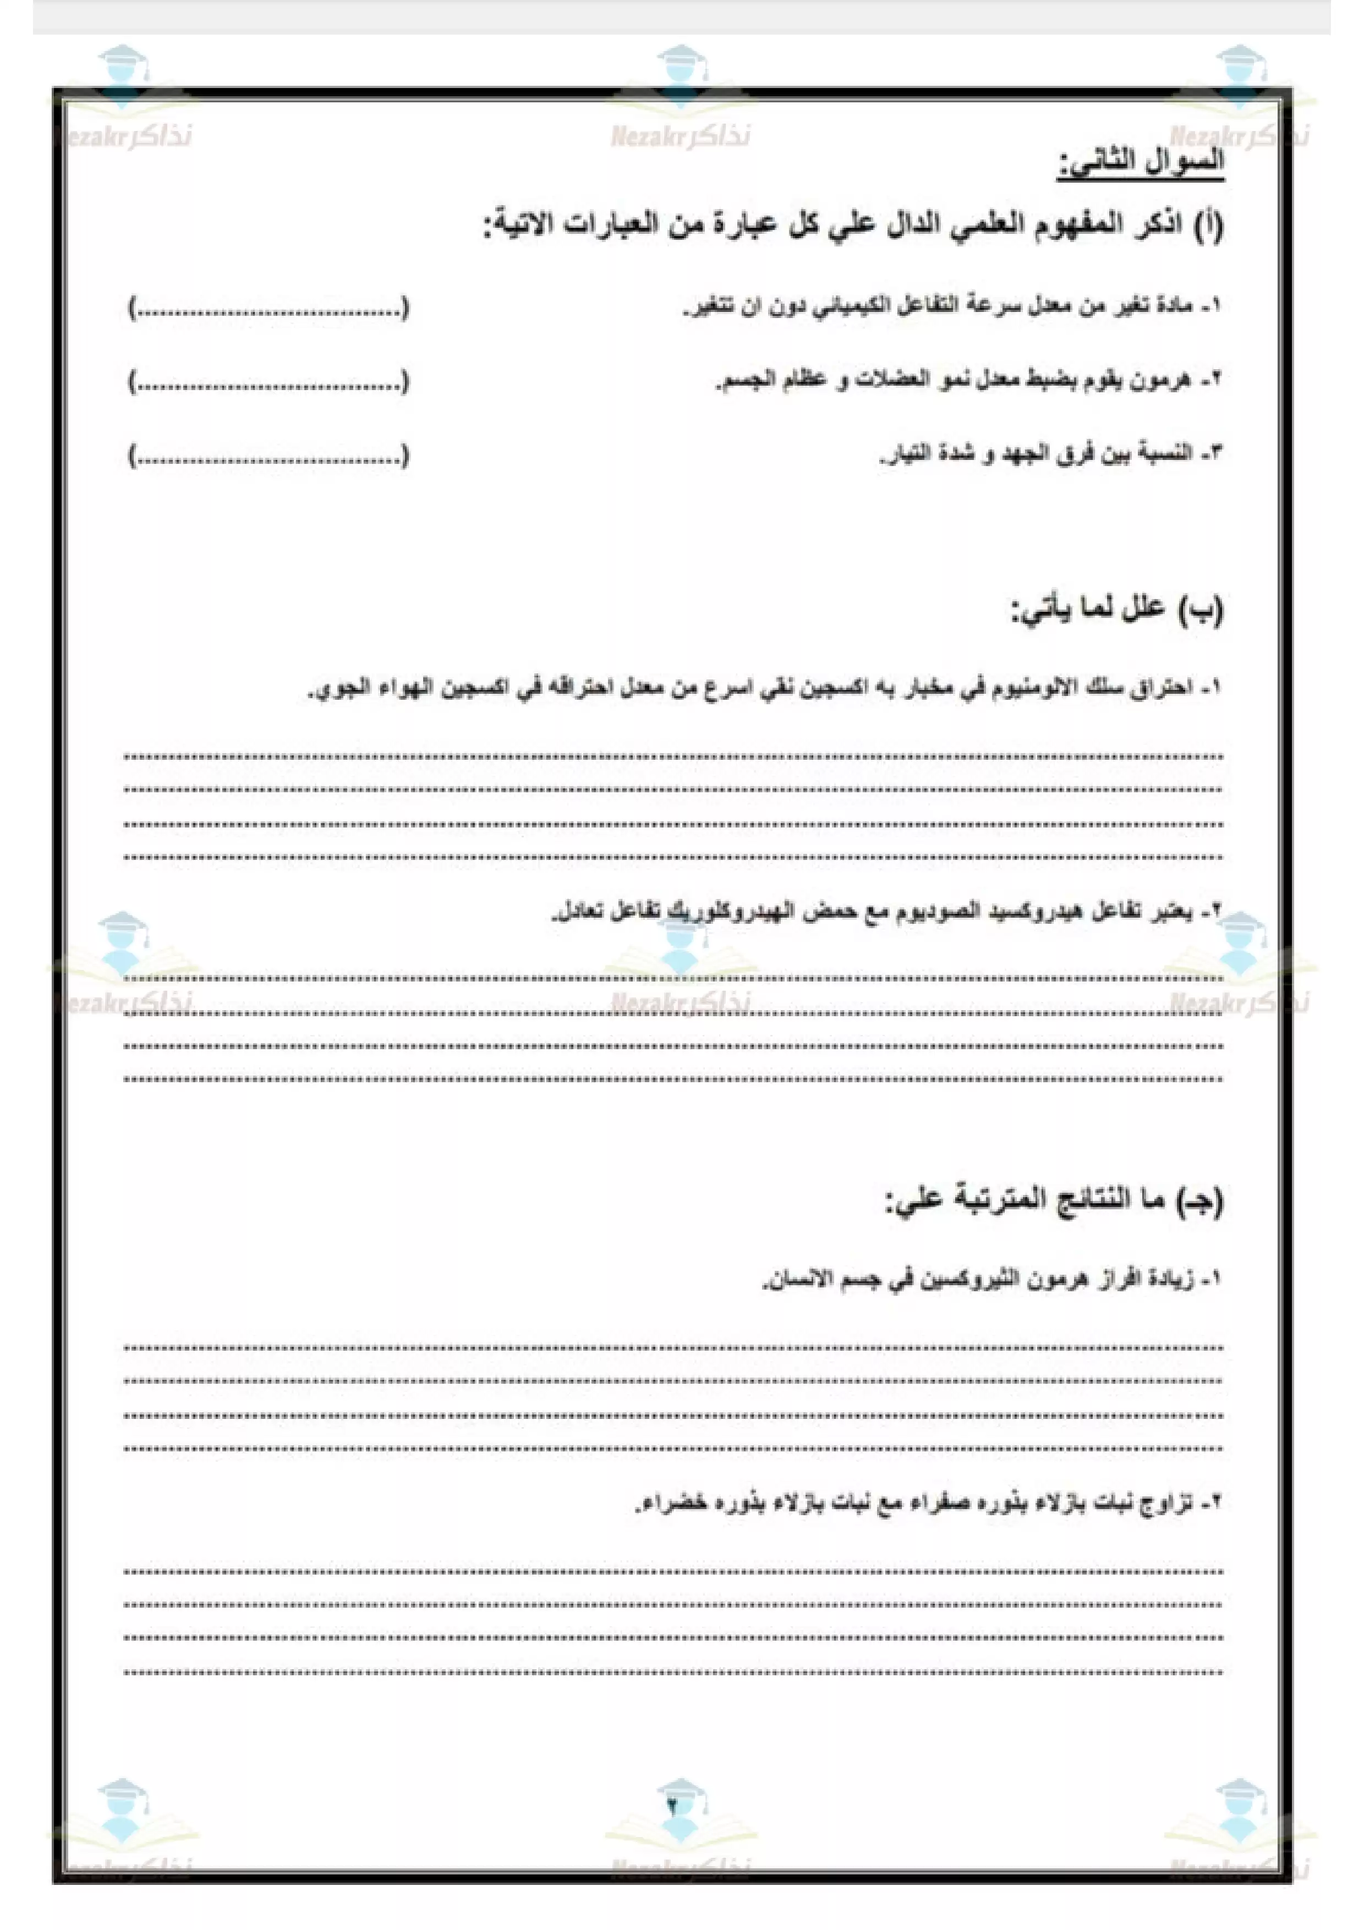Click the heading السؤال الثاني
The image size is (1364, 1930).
[1141, 162]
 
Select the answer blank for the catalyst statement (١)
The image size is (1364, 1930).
[269, 309]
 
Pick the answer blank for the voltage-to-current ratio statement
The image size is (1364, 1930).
[269, 457]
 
